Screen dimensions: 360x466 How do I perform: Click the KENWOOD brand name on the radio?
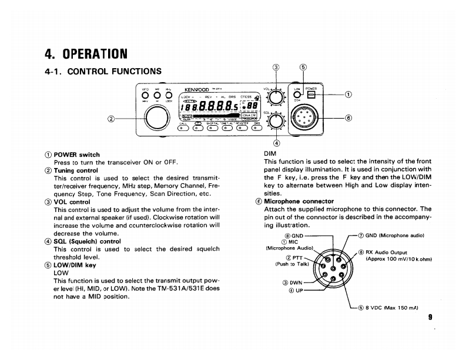pyautogui.click(x=197, y=90)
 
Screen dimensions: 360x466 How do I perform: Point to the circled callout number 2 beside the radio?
pyautogui.click(x=111, y=119)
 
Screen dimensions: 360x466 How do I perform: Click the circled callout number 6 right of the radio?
pyautogui.click(x=348, y=117)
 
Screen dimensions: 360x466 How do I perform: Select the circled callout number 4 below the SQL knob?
pyautogui.click(x=276, y=143)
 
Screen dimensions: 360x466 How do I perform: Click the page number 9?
pyautogui.click(x=430, y=317)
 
